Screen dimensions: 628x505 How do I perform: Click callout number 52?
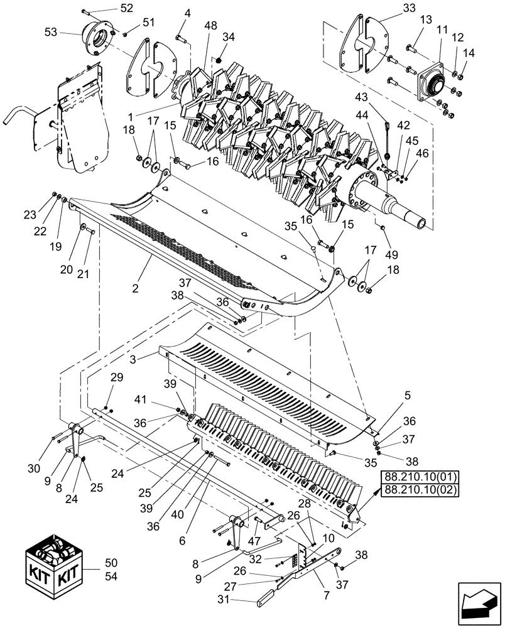127,8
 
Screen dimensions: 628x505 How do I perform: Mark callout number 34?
229,37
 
